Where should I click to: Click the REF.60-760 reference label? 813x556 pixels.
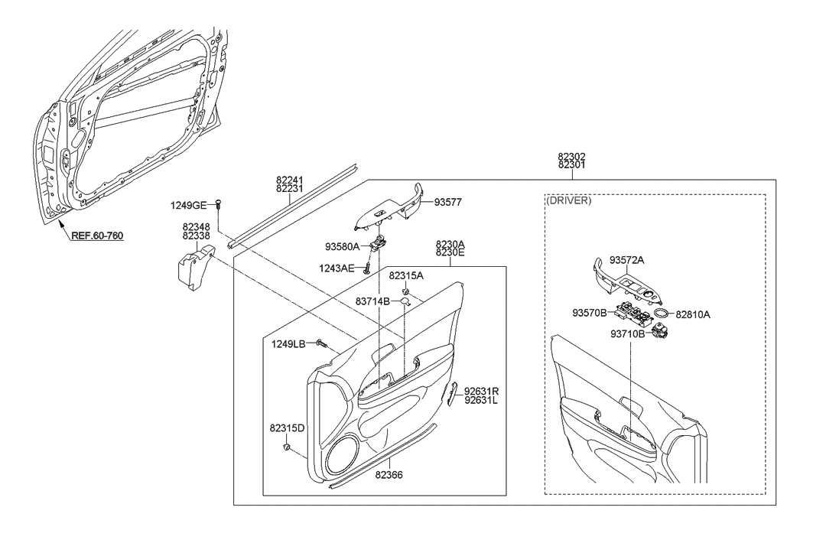tap(97, 236)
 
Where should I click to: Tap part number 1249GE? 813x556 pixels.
tap(188, 205)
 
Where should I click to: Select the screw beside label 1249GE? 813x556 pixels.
tap(218, 204)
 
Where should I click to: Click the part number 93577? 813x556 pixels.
tap(450, 203)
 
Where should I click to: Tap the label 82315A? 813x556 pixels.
tap(406, 275)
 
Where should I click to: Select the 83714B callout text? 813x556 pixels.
tap(373, 301)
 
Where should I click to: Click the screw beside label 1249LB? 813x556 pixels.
tap(320, 345)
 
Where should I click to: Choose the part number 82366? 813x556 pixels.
tap(389, 475)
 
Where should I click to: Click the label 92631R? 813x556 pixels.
tap(481, 389)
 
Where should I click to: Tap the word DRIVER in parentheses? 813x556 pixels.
tap(569, 201)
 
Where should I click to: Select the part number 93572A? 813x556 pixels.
tap(627, 260)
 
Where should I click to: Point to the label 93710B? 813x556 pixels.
tap(628, 333)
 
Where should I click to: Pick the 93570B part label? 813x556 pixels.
tap(588, 313)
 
